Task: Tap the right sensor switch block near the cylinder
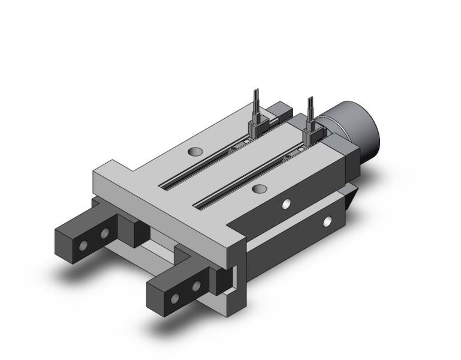tap(311, 134)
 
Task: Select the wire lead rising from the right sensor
tap(311, 106)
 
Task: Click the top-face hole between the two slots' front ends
tap(259, 189)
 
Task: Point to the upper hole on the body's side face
tap(287, 203)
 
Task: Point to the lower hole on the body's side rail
tap(327, 221)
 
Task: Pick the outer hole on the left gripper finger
tap(84, 244)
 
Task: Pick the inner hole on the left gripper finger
tap(105, 232)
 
